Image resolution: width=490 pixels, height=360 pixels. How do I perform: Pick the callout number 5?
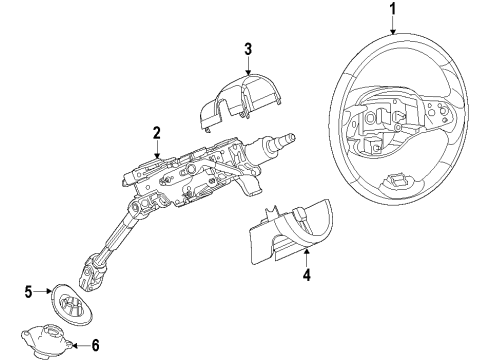(x=28, y=292)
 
